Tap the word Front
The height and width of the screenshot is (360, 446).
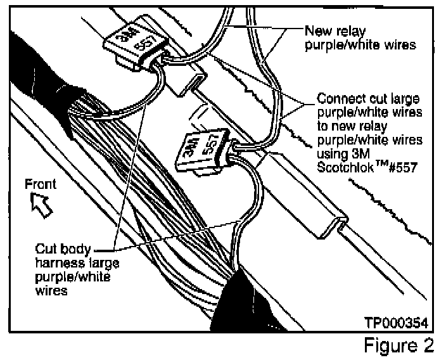[x=41, y=184]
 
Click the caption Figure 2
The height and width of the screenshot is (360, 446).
[x=399, y=345]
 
